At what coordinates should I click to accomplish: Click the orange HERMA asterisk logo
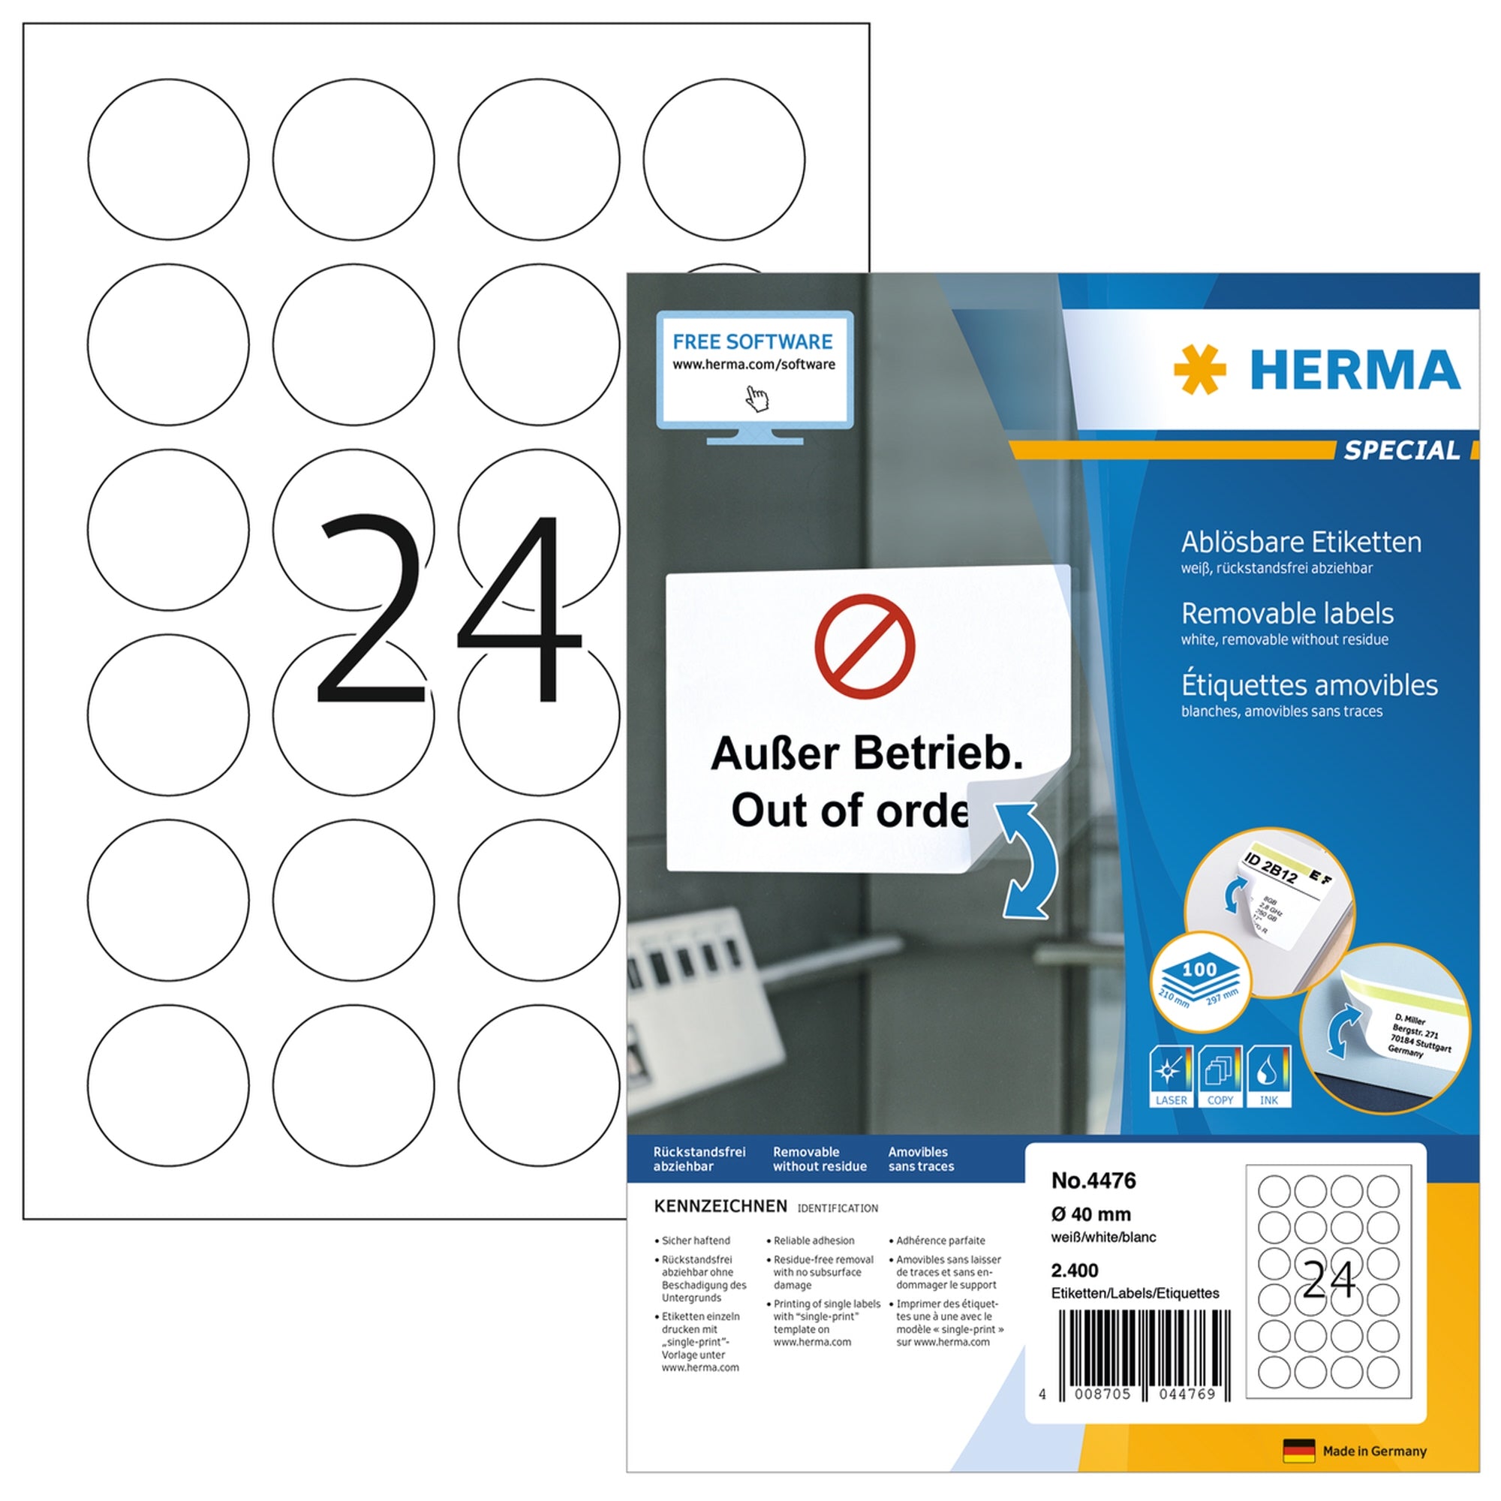(x=1199, y=370)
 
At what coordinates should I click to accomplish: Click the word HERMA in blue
(x=1355, y=370)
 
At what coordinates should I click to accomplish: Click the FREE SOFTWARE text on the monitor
(x=752, y=341)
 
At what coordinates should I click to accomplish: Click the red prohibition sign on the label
(x=864, y=646)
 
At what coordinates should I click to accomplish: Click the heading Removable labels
(x=1286, y=614)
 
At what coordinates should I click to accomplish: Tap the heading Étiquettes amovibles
(x=1308, y=685)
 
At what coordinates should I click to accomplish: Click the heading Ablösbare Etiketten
(x=1301, y=543)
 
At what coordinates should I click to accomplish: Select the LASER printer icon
(x=1171, y=1075)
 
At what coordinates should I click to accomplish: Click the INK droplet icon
(x=1268, y=1075)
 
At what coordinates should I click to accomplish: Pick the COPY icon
(x=1220, y=1075)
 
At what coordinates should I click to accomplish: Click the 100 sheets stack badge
(x=1199, y=982)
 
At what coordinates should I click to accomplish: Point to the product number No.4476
(x=1093, y=1181)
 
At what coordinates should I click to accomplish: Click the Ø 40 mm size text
(x=1090, y=1214)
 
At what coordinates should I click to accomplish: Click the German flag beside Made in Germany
(x=1298, y=1451)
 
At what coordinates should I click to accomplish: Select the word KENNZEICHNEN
(x=720, y=1207)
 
